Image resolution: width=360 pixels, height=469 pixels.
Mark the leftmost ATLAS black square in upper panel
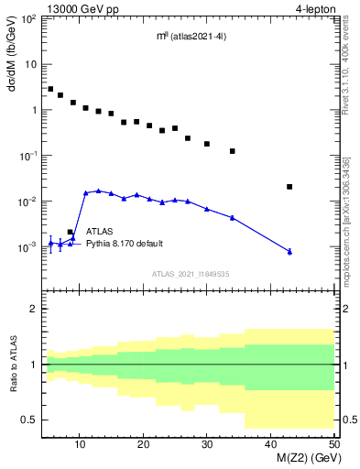pos(50,89)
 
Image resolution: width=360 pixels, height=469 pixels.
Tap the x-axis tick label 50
pos(333,444)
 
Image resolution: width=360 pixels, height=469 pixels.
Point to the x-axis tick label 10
pos(81,444)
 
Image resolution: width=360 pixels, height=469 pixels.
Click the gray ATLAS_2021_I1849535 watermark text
pos(190,273)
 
